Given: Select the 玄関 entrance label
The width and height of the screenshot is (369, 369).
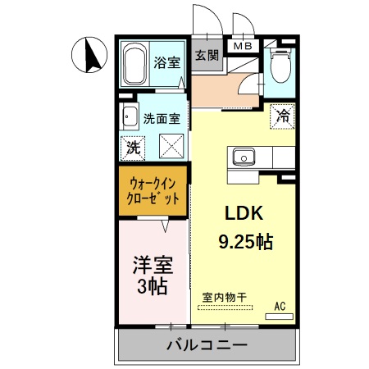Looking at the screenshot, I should [x=206, y=56].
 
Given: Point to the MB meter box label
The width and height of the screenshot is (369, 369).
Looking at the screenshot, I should [x=244, y=46].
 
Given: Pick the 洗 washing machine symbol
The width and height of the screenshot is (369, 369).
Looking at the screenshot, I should [x=131, y=148].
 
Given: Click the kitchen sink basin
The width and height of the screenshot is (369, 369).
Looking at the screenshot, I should [x=243, y=156].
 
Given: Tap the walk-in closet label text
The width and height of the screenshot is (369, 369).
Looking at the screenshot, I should [x=153, y=191].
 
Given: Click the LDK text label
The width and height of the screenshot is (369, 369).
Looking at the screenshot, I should [x=244, y=214].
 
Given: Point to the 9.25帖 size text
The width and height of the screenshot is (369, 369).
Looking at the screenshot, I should [x=245, y=242].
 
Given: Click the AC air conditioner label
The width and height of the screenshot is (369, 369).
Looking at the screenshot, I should [x=279, y=307].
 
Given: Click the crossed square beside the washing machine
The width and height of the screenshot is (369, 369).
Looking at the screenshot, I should [x=169, y=148].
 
